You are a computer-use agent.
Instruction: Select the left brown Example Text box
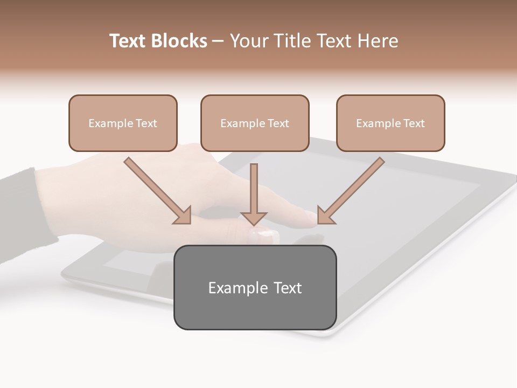coord(123,123)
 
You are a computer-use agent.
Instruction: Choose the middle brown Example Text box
coord(255,123)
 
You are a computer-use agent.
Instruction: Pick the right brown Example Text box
coord(390,123)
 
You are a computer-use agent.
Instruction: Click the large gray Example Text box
coord(255,287)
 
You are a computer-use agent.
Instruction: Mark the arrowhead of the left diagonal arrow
coord(183,216)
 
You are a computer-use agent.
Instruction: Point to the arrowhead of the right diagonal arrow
coord(325,216)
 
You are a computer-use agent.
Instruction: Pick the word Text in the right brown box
coord(414,123)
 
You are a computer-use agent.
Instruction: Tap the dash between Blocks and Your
coord(218,41)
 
